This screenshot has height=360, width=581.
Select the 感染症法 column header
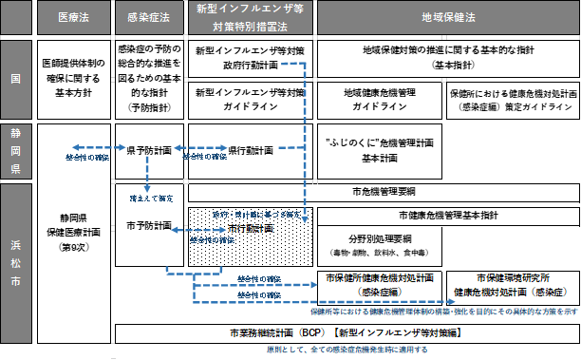click(x=147, y=19)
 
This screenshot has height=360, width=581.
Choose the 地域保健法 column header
click(x=446, y=19)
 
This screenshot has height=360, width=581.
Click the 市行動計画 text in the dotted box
click(x=251, y=230)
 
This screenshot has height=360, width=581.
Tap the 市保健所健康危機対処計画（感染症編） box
click(x=379, y=284)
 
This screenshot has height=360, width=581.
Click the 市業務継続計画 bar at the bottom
click(x=347, y=334)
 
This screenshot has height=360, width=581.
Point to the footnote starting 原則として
click(x=346, y=351)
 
